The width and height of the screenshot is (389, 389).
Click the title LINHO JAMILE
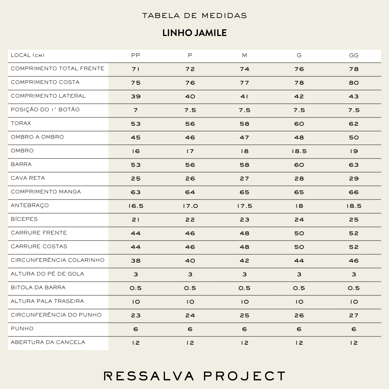coord(194,33)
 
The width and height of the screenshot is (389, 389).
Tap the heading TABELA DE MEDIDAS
coord(194,16)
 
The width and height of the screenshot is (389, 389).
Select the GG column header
coord(354,55)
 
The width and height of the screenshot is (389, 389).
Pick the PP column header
coord(136,55)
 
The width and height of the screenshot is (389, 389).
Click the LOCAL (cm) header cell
coord(28,55)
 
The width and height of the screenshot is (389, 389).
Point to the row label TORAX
coord(21,123)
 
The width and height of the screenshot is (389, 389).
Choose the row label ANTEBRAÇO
coord(30,205)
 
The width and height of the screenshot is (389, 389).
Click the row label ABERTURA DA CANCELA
coord(48,342)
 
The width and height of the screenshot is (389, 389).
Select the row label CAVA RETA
coord(28,178)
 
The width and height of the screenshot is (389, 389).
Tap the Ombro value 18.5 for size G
coord(299,151)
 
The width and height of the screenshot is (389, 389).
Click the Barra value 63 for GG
coord(354,165)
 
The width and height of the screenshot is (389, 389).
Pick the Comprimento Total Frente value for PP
coord(136,69)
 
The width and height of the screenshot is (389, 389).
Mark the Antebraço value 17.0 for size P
coord(190,206)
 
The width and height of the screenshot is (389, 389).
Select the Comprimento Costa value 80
coord(354,83)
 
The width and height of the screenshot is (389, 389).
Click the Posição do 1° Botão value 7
coord(136,110)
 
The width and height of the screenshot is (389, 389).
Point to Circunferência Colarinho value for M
coord(245,261)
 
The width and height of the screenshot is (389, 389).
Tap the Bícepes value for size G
coord(299,220)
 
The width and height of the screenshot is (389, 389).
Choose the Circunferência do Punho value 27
coord(354,316)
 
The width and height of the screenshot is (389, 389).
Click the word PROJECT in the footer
coord(245,376)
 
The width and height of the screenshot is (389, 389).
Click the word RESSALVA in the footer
coord(149,376)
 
